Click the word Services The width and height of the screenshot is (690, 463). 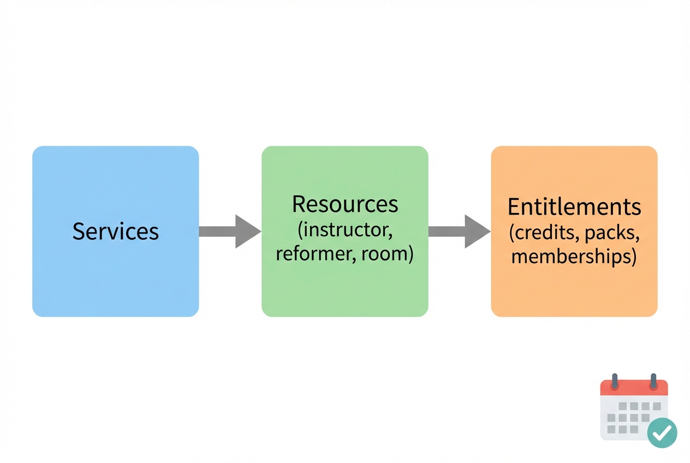[x=115, y=231]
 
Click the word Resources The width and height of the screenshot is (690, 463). [x=345, y=204]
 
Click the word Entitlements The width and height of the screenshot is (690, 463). [x=574, y=207]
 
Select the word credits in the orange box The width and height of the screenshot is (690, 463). [x=544, y=233]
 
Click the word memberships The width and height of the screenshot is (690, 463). [x=574, y=257]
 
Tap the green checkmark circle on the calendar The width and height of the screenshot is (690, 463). [x=662, y=433]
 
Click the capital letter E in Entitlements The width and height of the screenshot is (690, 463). [x=514, y=207]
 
